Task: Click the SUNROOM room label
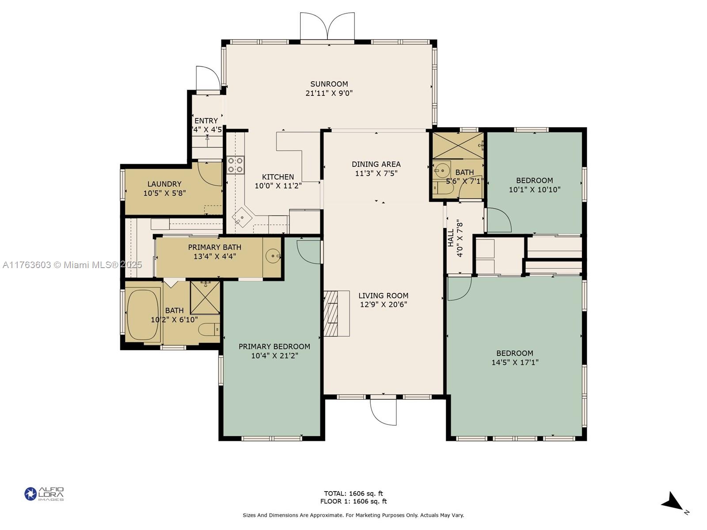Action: (x=329, y=84)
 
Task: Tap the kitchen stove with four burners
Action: (x=235, y=165)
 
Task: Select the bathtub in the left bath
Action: (x=143, y=315)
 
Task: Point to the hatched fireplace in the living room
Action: (x=331, y=314)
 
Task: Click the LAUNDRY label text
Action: (x=164, y=184)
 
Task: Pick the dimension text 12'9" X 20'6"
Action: (x=383, y=304)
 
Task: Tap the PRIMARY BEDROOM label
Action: (x=274, y=347)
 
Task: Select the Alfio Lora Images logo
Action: (x=44, y=494)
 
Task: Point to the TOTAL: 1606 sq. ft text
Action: (x=353, y=493)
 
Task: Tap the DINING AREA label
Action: (x=376, y=164)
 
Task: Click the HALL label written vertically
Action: (x=451, y=238)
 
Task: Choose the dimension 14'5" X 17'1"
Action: (x=515, y=362)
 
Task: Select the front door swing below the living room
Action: (x=383, y=412)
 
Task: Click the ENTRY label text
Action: (x=206, y=121)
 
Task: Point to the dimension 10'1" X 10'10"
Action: (x=534, y=190)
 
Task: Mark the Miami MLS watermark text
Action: (x=72, y=265)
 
